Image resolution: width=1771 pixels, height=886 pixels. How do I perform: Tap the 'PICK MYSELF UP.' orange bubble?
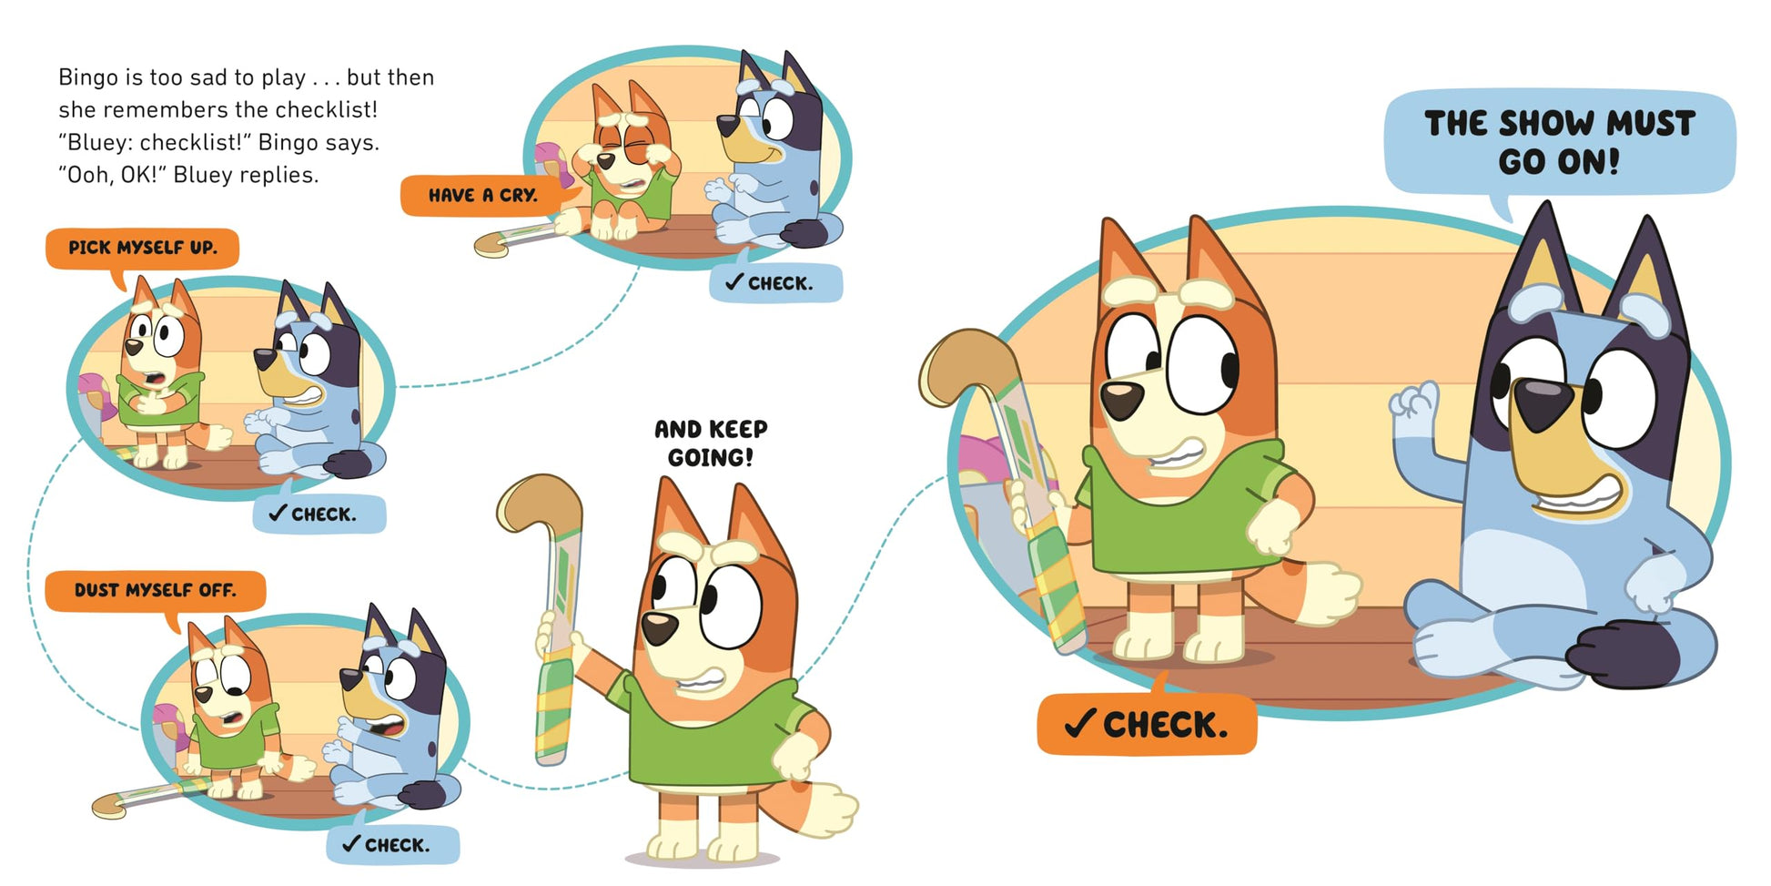143,248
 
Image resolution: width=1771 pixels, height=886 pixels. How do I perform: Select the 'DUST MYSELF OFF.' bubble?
155,591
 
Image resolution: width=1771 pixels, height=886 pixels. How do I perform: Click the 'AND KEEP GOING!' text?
711,443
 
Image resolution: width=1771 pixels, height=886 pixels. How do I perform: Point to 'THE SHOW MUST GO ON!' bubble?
1560,143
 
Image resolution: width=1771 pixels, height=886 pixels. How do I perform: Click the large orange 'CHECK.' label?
1147,725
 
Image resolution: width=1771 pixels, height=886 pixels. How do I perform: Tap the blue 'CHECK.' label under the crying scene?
775,283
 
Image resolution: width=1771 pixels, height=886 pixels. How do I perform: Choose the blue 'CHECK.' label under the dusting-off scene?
393,845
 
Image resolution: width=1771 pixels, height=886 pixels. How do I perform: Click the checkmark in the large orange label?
1079,725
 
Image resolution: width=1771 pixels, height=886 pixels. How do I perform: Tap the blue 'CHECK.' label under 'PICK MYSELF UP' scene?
319,514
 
